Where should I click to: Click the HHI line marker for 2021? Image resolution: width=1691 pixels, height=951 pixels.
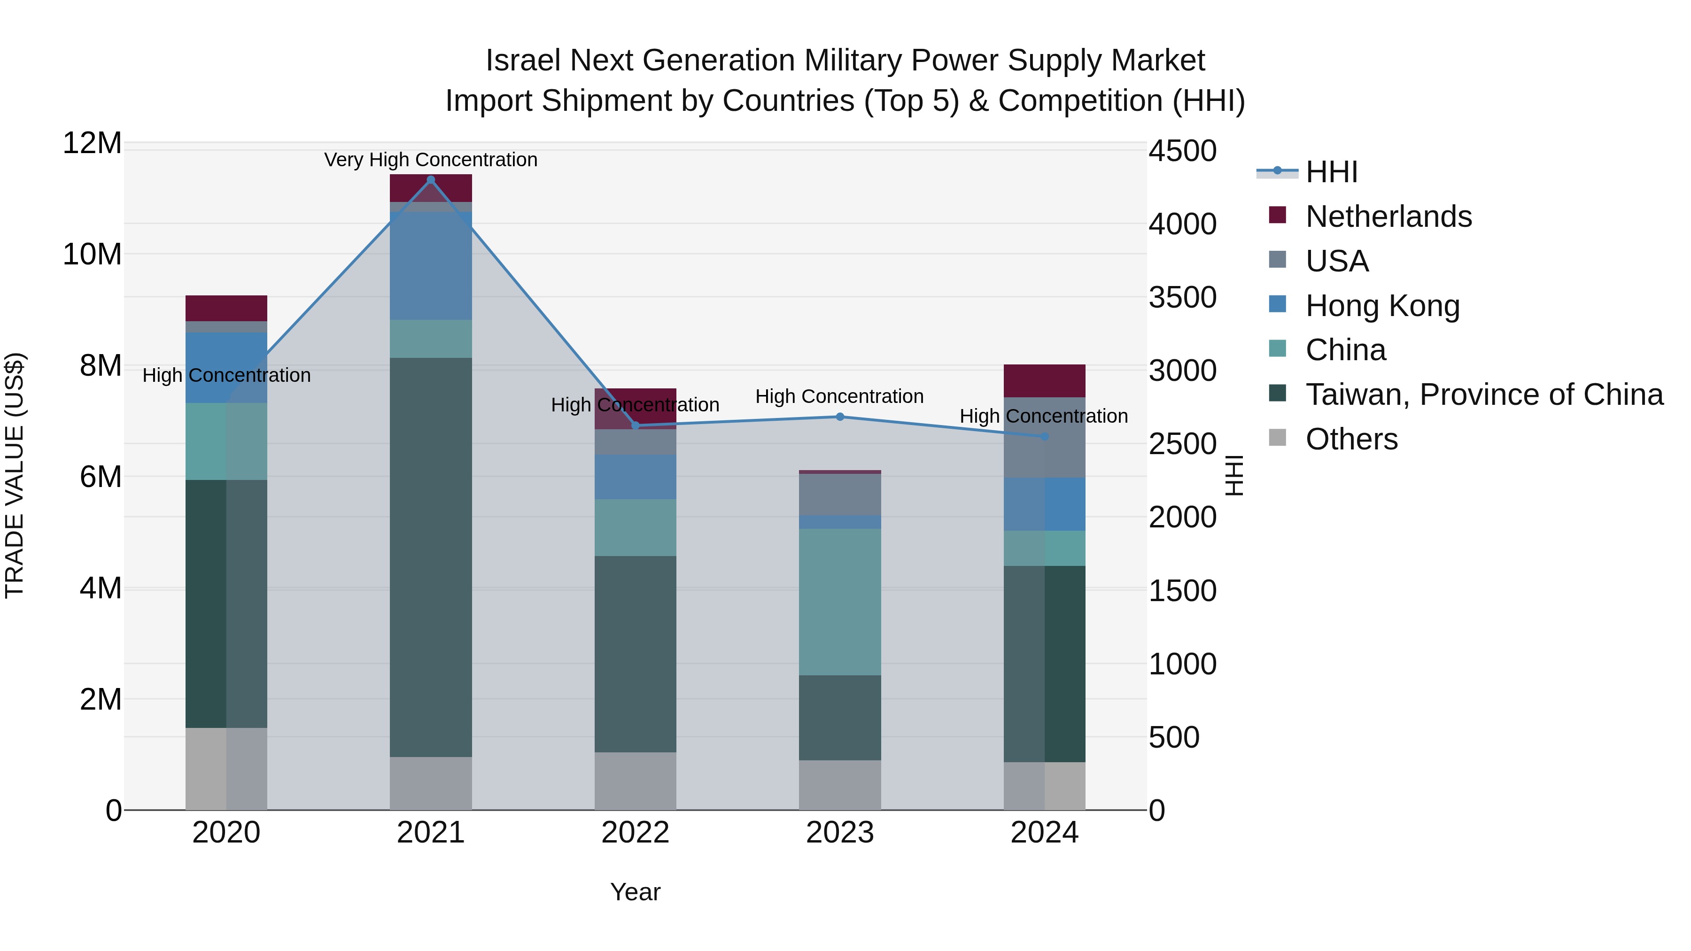431,180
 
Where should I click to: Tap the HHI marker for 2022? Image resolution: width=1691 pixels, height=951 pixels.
636,426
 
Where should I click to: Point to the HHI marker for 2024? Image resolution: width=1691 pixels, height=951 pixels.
1044,436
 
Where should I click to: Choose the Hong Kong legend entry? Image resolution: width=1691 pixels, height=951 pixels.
1382,306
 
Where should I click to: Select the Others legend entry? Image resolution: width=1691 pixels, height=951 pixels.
1351,439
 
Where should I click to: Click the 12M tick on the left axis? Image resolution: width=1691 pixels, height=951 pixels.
92,143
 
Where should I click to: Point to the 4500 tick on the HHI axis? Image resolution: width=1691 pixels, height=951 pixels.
1182,151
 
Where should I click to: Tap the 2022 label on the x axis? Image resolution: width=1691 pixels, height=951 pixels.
636,833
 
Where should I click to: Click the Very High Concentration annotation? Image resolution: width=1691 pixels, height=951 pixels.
431,160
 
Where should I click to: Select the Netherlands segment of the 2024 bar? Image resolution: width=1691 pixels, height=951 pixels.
1044,381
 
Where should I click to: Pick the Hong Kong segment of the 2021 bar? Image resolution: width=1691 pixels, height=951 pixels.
431,266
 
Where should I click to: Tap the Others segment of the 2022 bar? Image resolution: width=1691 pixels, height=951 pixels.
636,781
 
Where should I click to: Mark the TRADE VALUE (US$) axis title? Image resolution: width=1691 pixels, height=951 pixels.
15,475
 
